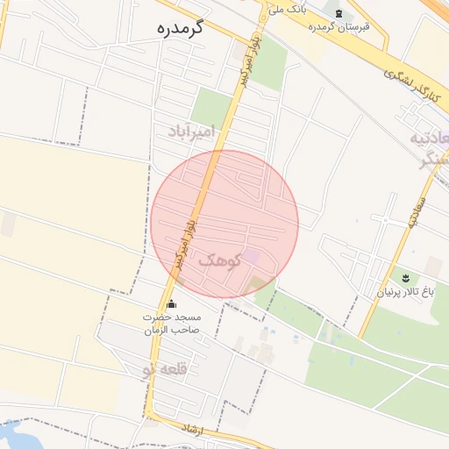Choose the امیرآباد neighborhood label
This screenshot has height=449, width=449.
point(192,131)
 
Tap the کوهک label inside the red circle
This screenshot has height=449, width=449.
point(219,260)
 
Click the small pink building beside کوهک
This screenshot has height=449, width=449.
point(252,256)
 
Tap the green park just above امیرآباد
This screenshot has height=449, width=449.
point(211,105)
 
